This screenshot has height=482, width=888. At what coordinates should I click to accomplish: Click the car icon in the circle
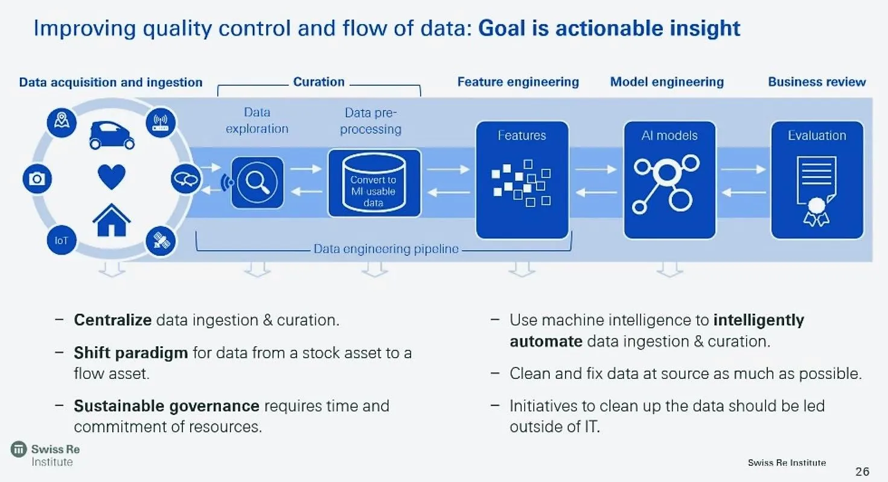112,135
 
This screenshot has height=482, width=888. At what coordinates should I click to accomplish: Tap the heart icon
112,177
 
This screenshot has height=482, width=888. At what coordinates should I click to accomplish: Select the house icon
112,220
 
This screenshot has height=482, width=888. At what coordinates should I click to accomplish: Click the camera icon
37,179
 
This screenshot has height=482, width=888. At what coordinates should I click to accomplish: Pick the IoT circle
62,240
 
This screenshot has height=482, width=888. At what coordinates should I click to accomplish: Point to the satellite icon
161,241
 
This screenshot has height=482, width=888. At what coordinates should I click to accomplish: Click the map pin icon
62,122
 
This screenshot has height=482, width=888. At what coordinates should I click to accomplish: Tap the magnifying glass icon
258,182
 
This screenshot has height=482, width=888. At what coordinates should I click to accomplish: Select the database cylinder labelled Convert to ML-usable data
374,183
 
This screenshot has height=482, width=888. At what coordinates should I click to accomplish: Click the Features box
522,180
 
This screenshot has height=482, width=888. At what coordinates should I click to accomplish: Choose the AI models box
669,180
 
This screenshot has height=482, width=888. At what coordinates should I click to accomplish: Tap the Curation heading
319,82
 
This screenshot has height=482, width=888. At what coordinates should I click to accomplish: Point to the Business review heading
817,82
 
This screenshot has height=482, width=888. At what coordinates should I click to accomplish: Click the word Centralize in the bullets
112,320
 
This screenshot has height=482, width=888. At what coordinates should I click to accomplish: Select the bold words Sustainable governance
166,406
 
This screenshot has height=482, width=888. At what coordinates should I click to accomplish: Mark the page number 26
862,471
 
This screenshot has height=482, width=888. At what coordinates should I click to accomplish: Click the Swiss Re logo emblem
19,449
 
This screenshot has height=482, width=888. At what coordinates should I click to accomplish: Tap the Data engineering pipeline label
386,249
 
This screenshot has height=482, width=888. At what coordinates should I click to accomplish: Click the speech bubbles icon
185,179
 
